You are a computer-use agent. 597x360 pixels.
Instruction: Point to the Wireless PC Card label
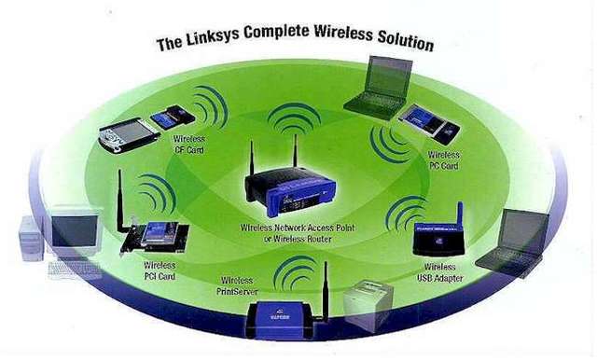[x=443, y=159]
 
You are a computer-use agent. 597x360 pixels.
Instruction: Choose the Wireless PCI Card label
[x=160, y=271]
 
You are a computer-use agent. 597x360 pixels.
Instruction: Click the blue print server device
[x=285, y=323]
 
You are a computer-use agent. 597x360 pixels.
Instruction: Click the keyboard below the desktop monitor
[x=74, y=270]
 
